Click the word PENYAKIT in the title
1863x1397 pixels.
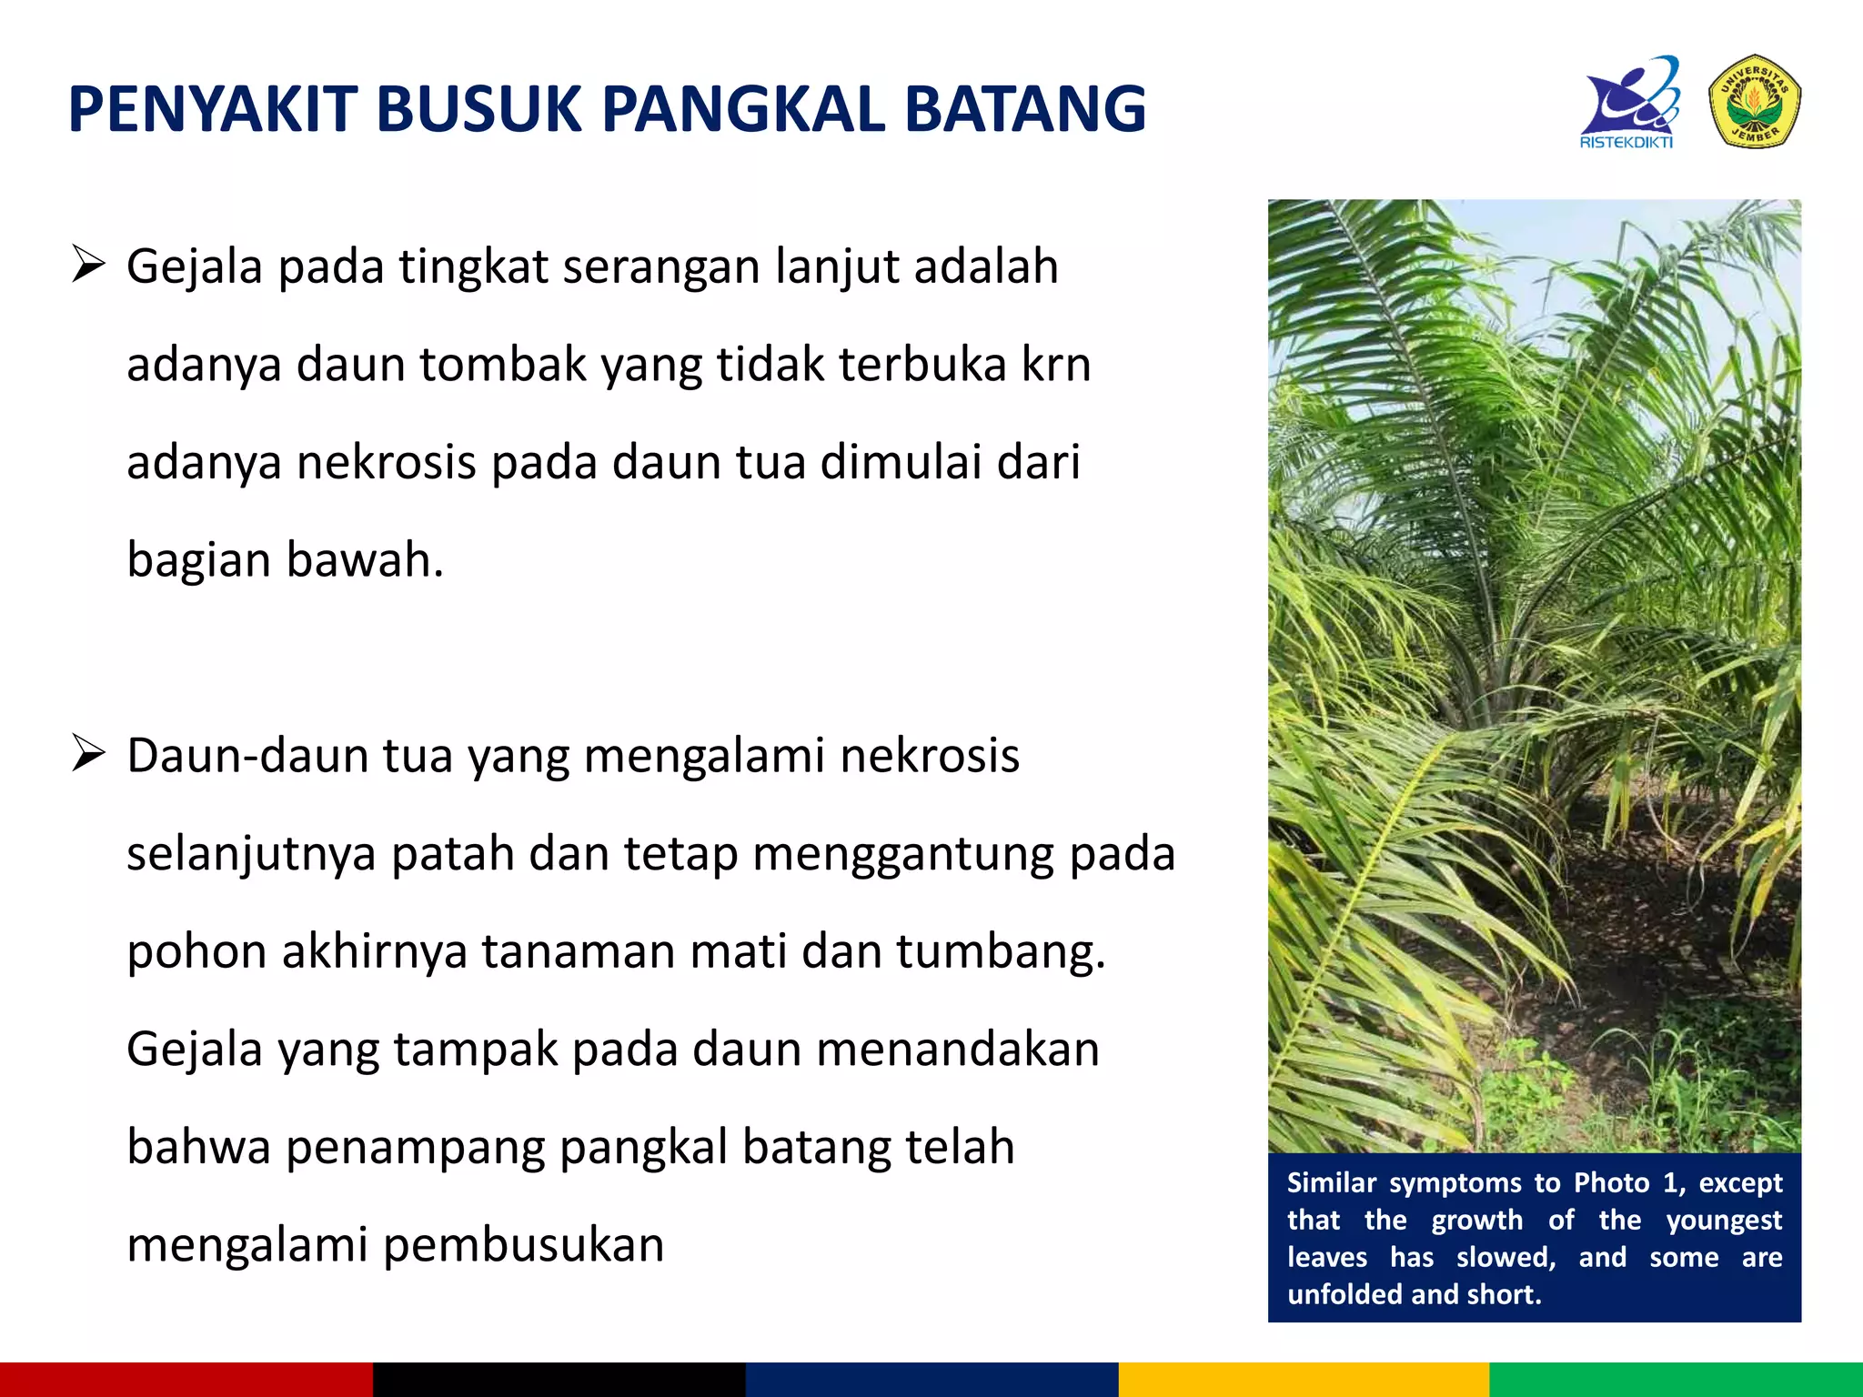(x=211, y=110)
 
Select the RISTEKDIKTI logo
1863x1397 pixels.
(x=1629, y=103)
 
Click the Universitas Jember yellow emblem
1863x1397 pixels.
(x=1755, y=101)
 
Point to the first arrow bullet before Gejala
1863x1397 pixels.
(x=89, y=266)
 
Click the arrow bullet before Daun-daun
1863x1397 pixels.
(x=89, y=755)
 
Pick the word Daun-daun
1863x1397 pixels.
(x=244, y=756)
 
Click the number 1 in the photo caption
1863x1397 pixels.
(x=1669, y=1182)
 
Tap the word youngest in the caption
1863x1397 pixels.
(x=1724, y=1221)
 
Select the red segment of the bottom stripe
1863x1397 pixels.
(x=186, y=1379)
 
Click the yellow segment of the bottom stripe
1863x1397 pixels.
(x=1303, y=1379)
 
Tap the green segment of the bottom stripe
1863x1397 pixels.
(x=1676, y=1379)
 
